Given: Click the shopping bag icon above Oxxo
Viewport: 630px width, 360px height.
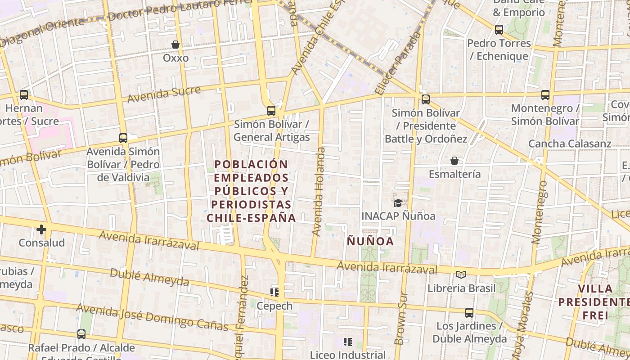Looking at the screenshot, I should tap(175, 45).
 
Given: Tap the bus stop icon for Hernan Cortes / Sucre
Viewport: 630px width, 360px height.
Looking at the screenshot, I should tap(24, 95).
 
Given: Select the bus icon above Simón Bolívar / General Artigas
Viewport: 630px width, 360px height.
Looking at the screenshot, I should tap(271, 110).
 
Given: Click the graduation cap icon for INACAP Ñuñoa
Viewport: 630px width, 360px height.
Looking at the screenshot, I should tap(398, 203).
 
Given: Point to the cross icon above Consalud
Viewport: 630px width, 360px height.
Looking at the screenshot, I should tap(41, 229).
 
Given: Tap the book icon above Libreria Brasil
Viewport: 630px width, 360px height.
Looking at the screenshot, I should tap(461, 274).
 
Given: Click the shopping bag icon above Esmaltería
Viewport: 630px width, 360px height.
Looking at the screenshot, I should tap(454, 161).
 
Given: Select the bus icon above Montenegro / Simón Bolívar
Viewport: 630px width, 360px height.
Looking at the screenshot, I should tap(545, 95).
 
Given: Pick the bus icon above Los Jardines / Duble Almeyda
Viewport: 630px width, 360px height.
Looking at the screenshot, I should tap(469, 312).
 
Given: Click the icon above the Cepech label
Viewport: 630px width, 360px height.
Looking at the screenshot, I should tap(274, 292).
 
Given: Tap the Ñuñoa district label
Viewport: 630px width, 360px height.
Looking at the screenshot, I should tap(370, 241).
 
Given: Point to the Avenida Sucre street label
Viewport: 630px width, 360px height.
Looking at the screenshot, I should tap(164, 94).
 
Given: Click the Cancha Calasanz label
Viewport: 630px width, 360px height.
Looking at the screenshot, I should tap(570, 144).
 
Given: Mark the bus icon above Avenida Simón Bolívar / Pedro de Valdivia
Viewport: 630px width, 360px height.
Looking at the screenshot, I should tap(123, 138).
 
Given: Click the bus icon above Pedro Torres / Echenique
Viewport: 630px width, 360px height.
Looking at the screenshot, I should tap(499, 30).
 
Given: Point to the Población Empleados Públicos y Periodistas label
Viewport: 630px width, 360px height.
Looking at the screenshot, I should tap(251, 191).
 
